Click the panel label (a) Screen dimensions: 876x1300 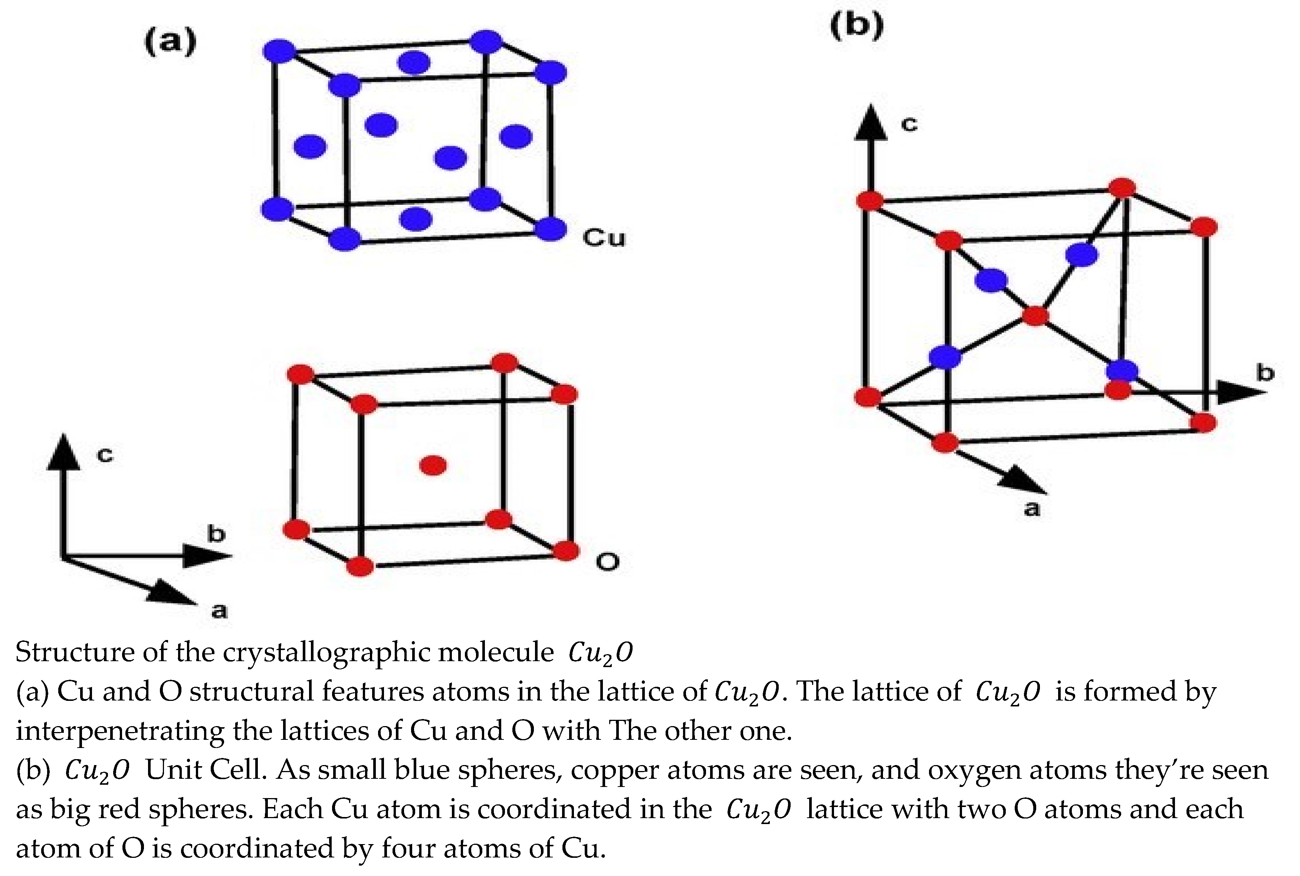(170, 42)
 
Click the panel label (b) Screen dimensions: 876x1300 (856, 25)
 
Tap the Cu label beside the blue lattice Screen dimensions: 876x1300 (604, 238)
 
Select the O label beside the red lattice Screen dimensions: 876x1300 (607, 561)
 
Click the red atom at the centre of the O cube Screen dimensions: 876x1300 (433, 465)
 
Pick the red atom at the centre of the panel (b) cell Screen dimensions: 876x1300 (1035, 316)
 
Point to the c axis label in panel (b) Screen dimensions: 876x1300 (909, 124)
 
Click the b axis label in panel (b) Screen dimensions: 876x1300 (1265, 373)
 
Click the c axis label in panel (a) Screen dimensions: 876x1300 (105, 455)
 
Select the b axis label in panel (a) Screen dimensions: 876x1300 (216, 534)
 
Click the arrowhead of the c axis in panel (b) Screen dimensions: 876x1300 (870, 123)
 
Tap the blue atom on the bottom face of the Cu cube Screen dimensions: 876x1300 (416, 219)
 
